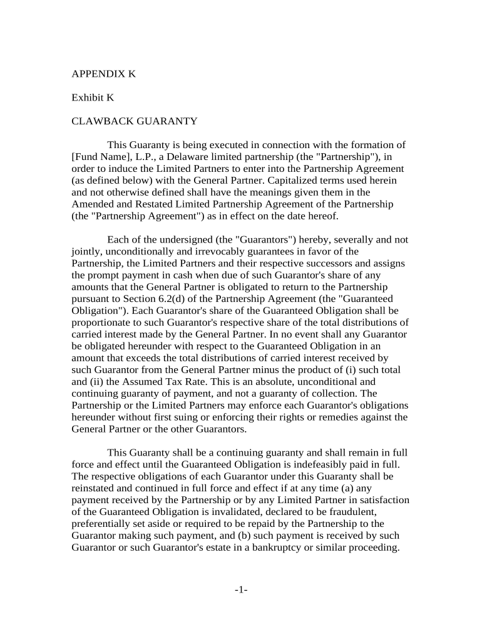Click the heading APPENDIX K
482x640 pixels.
point(104,74)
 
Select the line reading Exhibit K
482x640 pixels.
point(93,97)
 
